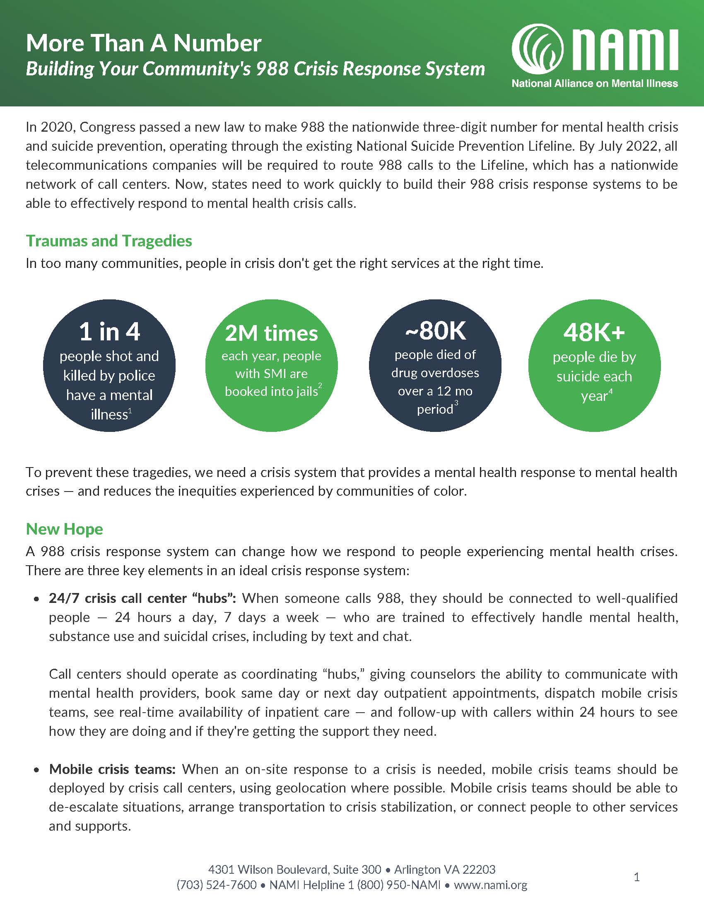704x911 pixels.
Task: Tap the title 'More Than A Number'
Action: coord(143,43)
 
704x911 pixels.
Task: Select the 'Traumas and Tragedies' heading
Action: coord(109,241)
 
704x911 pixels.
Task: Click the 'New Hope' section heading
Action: coord(64,529)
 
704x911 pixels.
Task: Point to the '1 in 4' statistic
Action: coord(109,332)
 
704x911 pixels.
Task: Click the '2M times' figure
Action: coord(271,333)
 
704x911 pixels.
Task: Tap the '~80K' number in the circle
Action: coord(435,331)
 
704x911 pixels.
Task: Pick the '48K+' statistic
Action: coord(594,333)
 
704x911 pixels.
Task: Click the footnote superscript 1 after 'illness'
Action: coord(130,411)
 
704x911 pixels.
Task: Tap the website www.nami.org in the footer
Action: coord(490,885)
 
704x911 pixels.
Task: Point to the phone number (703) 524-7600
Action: coord(217,885)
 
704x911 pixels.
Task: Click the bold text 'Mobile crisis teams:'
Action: coord(113,769)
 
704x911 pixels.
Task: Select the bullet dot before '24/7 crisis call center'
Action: coord(37,600)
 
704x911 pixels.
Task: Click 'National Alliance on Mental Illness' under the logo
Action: coord(595,84)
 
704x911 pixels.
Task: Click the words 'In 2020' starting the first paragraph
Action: coord(49,127)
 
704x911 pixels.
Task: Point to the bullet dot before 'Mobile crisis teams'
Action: coord(37,770)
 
